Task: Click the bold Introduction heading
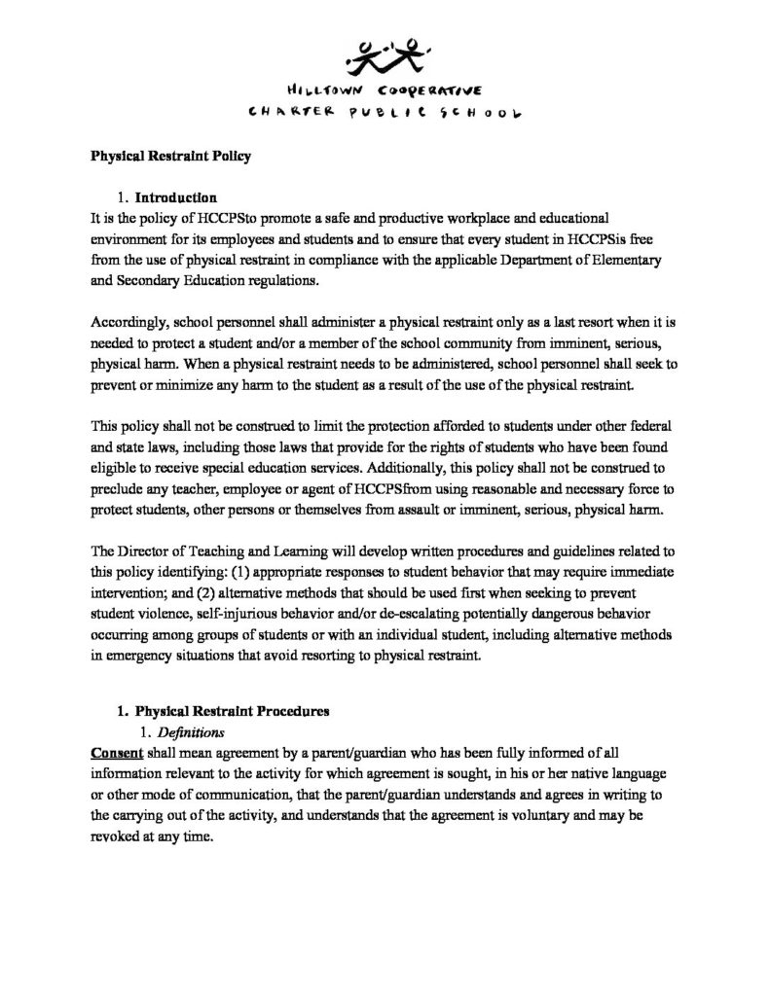[175, 197]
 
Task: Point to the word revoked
[117, 836]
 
